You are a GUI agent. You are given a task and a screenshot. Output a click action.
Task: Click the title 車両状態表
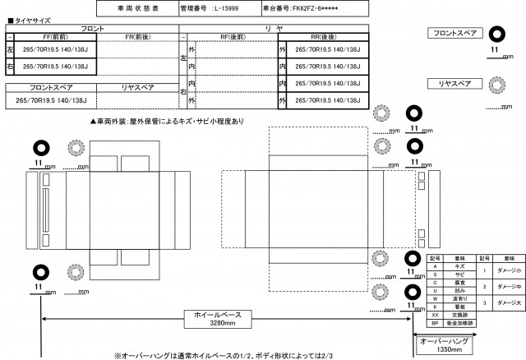pyautogui.click(x=136, y=8)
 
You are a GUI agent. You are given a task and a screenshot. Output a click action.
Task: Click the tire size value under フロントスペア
pyautogui.click(x=51, y=99)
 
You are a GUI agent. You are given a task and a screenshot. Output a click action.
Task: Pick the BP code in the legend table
pyautogui.click(x=433, y=323)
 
